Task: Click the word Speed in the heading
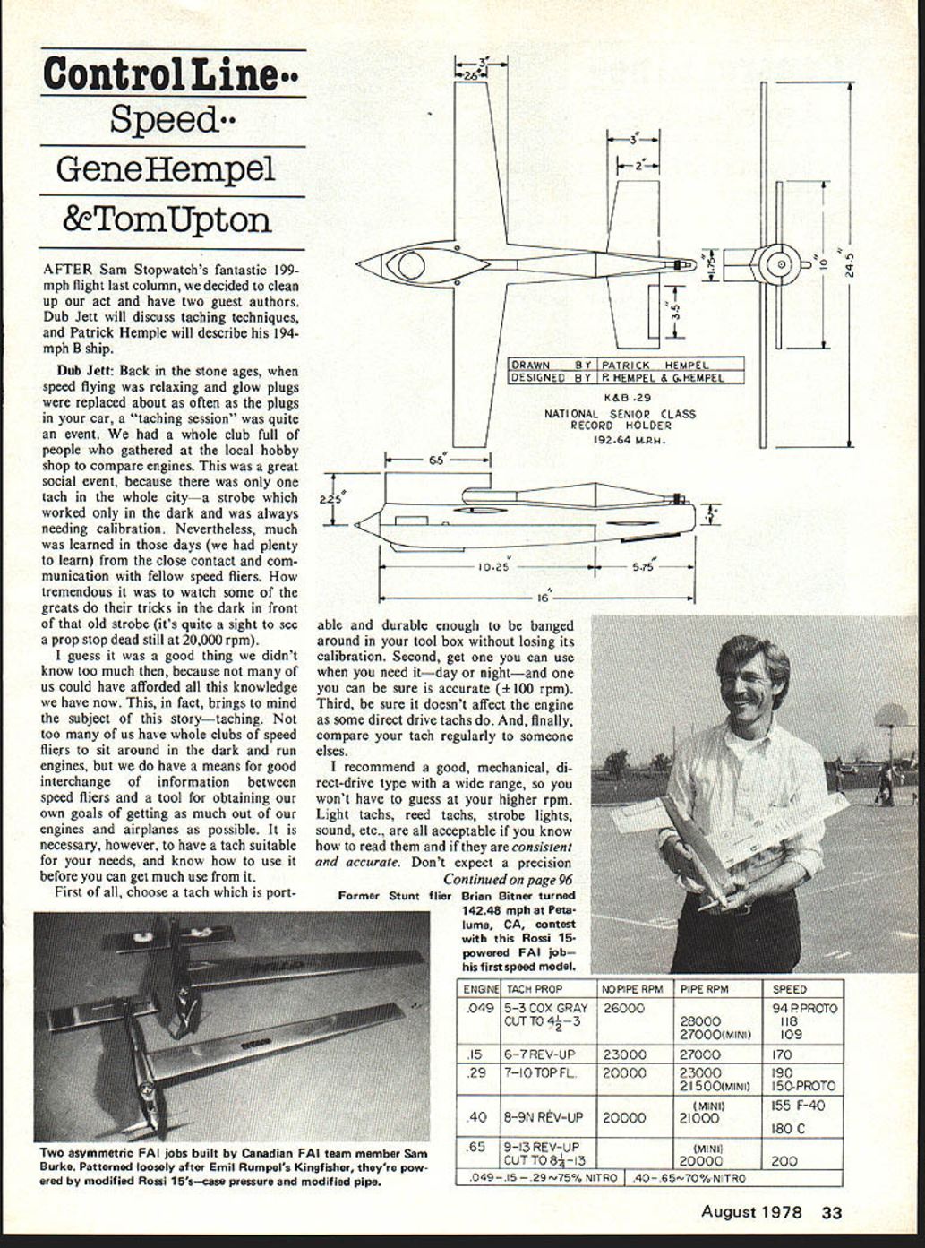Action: click(164, 119)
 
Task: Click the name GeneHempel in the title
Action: click(166, 169)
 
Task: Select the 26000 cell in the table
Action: click(624, 1007)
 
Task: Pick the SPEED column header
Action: click(789, 989)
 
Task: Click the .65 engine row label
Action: click(476, 1146)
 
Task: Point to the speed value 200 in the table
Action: click(784, 1161)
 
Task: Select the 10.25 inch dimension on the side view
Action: click(492, 566)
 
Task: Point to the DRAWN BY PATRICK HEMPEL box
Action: click(626, 365)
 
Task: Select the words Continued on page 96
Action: click(508, 879)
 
